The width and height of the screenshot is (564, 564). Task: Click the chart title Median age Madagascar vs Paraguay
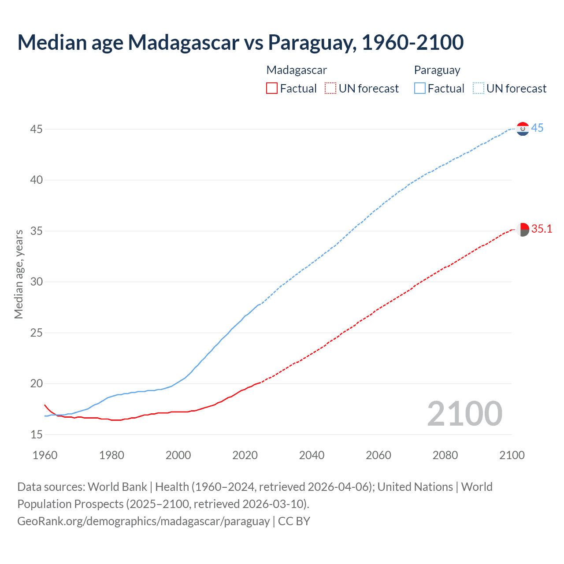click(x=240, y=42)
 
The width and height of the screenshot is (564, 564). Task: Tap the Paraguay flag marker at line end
click(x=523, y=129)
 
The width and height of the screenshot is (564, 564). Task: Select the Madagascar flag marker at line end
click(x=523, y=230)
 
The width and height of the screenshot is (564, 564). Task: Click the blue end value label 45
click(x=537, y=128)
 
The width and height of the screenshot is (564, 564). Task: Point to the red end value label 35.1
click(x=542, y=229)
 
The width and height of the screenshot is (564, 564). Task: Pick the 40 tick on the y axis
click(x=37, y=180)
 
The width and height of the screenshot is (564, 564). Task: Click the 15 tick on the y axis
click(x=37, y=434)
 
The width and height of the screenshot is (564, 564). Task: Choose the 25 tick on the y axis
click(x=37, y=333)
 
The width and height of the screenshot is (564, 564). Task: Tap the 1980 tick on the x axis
click(x=111, y=455)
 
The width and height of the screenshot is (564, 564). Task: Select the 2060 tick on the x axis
click(x=378, y=455)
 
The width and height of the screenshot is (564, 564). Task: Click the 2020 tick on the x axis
click(x=245, y=455)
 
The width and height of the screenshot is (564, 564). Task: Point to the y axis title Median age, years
click(x=19, y=274)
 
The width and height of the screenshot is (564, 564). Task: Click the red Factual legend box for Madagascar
click(x=272, y=89)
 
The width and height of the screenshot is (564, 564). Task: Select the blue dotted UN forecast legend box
click(x=479, y=89)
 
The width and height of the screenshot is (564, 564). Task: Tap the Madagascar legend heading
click(x=297, y=70)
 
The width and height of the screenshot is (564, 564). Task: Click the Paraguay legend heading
click(x=437, y=70)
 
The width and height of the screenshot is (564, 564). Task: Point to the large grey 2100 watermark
click(x=464, y=413)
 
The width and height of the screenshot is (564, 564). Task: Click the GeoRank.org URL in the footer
click(x=143, y=521)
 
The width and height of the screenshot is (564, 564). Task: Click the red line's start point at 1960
click(x=45, y=405)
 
